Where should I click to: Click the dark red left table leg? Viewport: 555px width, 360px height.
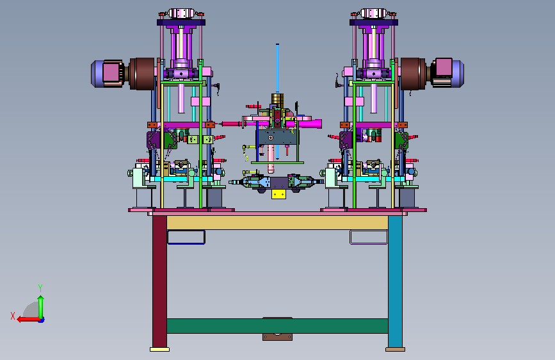159,281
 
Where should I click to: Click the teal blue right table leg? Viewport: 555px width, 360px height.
395,281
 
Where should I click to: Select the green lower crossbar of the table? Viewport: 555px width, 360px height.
278,325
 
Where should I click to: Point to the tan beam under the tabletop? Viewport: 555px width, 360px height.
278,222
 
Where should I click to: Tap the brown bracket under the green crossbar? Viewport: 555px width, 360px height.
278,336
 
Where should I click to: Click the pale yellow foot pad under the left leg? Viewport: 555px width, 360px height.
159,349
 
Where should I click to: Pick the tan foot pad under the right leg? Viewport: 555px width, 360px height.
395,349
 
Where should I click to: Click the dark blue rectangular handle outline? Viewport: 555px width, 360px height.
186,231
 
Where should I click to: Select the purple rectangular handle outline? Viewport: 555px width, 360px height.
369,231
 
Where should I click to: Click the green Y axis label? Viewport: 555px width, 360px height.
40,288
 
